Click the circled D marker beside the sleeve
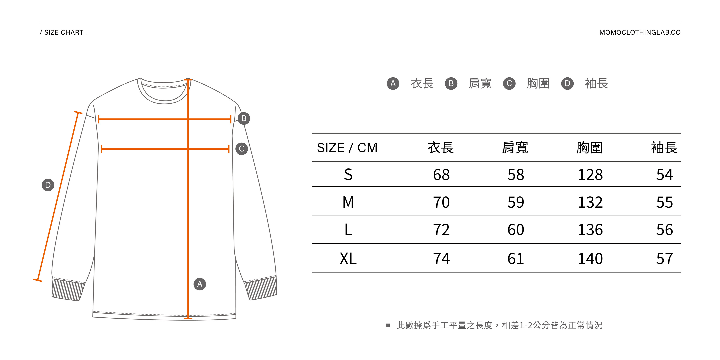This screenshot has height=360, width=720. pyautogui.click(x=48, y=185)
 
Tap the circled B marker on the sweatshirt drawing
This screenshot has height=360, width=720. pyautogui.click(x=244, y=118)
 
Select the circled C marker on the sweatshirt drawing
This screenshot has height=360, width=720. pyautogui.click(x=242, y=149)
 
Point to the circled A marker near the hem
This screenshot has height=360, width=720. pyautogui.click(x=200, y=284)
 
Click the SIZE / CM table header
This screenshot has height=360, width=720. pyautogui.click(x=347, y=148)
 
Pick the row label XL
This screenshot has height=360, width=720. pyautogui.click(x=348, y=258)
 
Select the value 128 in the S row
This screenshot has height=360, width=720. pyautogui.click(x=590, y=175)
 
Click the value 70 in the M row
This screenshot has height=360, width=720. pyautogui.click(x=441, y=202)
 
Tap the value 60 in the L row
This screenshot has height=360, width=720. pyautogui.click(x=516, y=230)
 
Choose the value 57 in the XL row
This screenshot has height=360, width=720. pyautogui.click(x=664, y=258)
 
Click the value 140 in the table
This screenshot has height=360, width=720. pyautogui.click(x=590, y=258)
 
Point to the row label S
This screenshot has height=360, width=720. pyautogui.click(x=348, y=175)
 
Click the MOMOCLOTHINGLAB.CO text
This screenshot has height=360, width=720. pyautogui.click(x=640, y=32)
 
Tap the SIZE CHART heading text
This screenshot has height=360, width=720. pyautogui.click(x=63, y=32)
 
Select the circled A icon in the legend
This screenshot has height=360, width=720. pyautogui.click(x=393, y=83)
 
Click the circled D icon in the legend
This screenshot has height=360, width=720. pyautogui.click(x=567, y=83)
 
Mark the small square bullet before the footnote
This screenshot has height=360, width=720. pyautogui.click(x=388, y=325)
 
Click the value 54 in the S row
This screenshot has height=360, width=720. pyautogui.click(x=664, y=175)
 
